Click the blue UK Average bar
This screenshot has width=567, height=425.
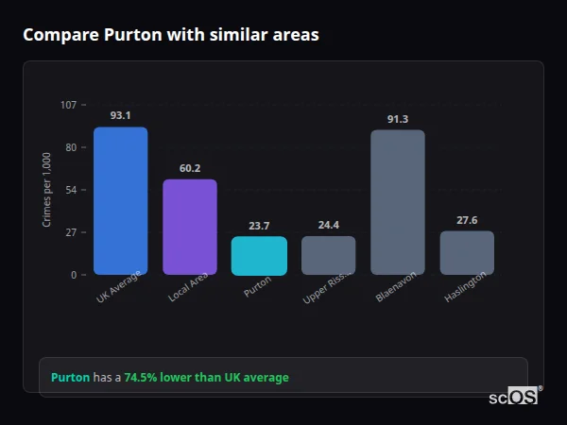pos(120,201)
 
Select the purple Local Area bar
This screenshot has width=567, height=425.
pos(190,227)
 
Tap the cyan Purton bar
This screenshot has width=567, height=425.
pos(259,256)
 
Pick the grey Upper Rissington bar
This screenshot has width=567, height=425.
pos(328,255)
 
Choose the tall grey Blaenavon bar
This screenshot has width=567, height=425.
pos(398,202)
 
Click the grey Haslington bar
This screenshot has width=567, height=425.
pos(467,252)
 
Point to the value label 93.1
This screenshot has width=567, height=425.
pos(120,115)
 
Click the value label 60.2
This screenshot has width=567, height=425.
pos(190,168)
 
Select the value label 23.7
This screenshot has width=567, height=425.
pos(259,226)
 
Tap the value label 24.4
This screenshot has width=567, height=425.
pos(328,225)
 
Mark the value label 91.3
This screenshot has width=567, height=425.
pos(398,119)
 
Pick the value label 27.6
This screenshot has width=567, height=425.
pos(467,220)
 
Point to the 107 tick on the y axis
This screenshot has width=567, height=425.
pos(68,105)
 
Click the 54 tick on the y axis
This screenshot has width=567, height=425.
pos(71,190)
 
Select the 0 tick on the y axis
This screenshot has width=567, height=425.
pos(73,275)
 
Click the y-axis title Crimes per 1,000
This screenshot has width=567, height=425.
pos(47,190)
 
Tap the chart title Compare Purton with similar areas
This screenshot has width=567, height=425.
pos(170,35)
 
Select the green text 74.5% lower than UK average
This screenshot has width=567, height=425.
pos(206,378)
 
